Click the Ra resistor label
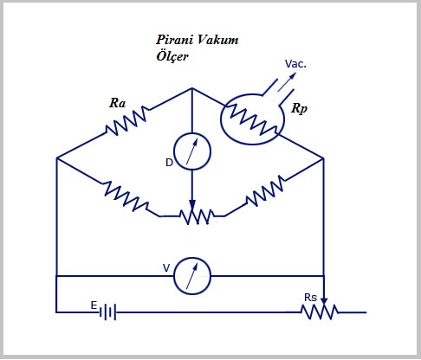[x=119, y=103]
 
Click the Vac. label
[x=295, y=63]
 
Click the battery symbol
[x=107, y=312]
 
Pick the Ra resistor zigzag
[x=126, y=123]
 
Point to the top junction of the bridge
[x=192, y=88]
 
